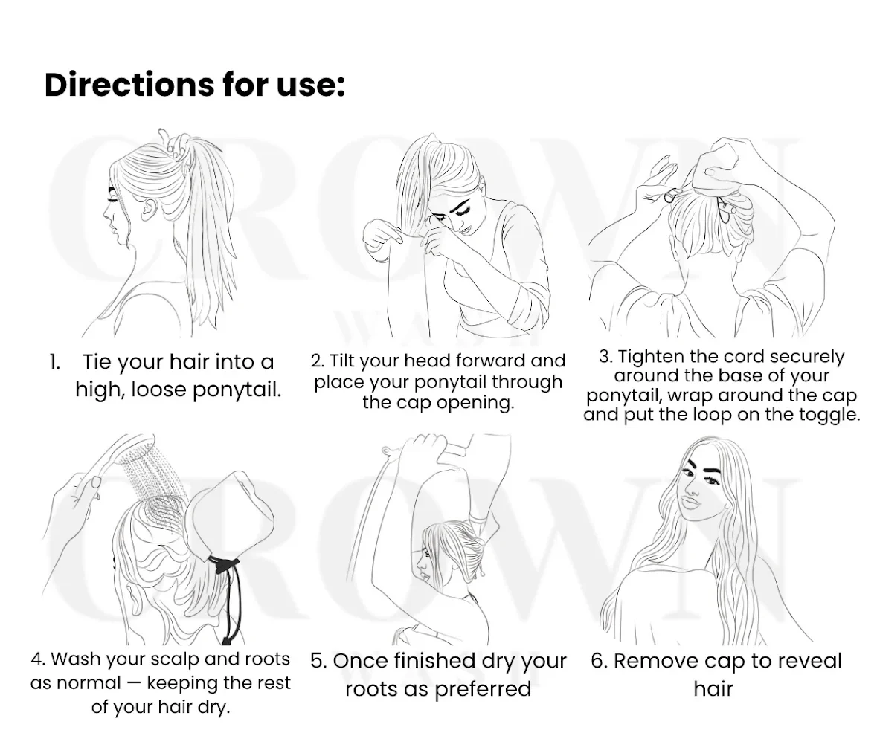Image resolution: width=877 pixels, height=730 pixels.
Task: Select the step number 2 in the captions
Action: point(317,361)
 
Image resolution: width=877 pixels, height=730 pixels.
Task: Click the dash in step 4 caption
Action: point(134,683)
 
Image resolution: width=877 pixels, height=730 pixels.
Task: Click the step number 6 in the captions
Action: point(599,662)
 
